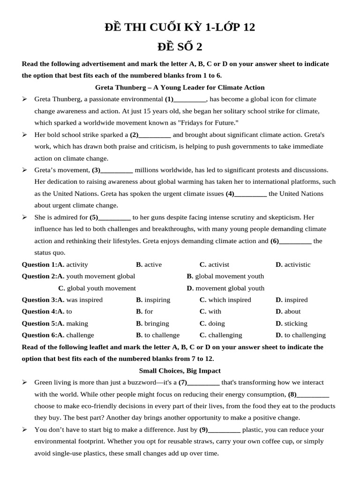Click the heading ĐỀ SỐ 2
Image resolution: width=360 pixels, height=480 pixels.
pos(180,47)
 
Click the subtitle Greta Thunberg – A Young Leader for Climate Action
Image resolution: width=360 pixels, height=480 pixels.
pos(180,87)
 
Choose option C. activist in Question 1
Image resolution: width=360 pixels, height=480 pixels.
pos(214,264)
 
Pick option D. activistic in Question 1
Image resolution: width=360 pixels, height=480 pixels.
pos(293,264)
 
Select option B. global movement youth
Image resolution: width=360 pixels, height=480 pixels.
pos(225,276)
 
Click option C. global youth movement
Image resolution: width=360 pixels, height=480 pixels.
pos(97,288)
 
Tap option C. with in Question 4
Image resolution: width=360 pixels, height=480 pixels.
pos(210,311)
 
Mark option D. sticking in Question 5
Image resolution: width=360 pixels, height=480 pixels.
pos(292,323)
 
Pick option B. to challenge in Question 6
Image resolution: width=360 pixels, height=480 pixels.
pos(157,335)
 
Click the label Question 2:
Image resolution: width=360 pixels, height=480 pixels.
pos(39,276)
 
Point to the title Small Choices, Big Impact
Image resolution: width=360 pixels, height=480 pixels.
pos(180,371)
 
